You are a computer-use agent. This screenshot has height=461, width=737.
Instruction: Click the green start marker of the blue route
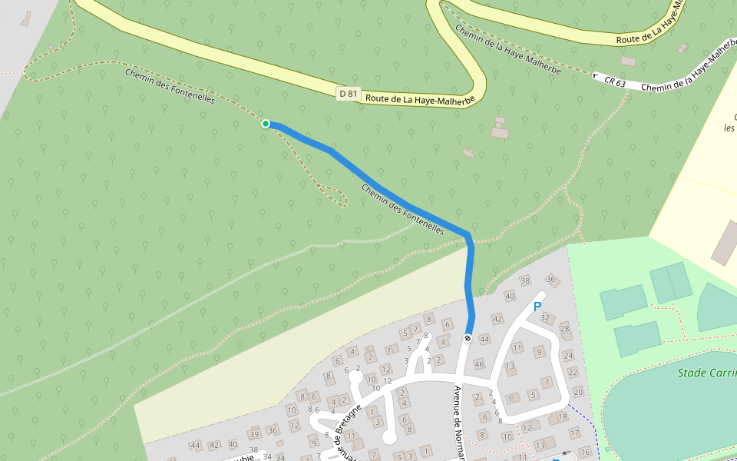266,124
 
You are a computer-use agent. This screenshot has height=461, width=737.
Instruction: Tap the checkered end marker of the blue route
468,338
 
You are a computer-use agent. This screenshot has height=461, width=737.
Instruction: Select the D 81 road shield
349,94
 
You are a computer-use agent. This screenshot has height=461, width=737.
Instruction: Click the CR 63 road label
615,81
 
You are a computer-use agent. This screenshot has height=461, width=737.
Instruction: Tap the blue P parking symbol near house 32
537,307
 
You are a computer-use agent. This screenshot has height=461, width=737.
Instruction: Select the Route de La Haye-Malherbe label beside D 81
421,99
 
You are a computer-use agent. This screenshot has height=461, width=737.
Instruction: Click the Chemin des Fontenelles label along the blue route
402,209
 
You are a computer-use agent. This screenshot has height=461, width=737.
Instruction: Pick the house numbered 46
480,364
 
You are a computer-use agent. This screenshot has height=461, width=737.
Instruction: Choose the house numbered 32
545,317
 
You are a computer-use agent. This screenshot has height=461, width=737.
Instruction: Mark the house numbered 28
564,329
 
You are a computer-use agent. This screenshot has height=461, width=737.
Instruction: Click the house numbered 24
569,356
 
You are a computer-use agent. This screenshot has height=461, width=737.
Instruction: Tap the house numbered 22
573,373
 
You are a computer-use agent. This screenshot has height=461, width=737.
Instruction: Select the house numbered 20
577,392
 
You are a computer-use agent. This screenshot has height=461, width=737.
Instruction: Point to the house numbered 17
575,433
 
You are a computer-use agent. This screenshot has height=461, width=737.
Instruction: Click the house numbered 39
254,434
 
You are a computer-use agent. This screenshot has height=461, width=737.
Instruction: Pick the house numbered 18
563,416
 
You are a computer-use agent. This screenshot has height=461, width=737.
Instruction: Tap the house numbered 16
585,452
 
